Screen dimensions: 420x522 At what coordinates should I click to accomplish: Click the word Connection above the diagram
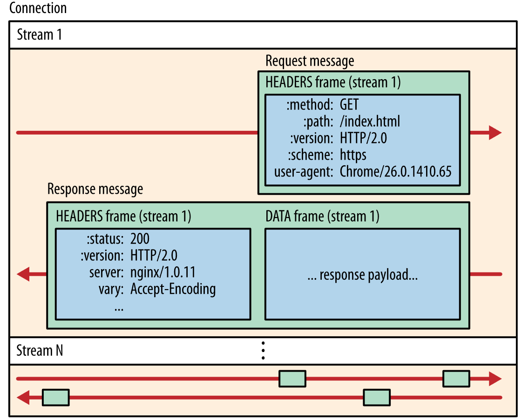tap(38, 8)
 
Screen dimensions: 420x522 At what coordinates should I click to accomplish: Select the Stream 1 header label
tap(39, 35)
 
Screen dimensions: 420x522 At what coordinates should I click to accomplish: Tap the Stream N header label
tap(40, 350)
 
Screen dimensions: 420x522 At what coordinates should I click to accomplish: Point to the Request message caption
tap(310, 61)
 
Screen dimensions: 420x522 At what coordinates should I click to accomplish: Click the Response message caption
tap(95, 189)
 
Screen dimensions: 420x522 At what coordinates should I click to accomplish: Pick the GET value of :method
tap(349, 104)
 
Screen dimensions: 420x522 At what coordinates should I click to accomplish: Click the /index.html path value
tap(370, 122)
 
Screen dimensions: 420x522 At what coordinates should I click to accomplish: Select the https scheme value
tap(353, 155)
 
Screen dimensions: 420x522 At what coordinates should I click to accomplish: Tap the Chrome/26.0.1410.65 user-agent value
tap(395, 171)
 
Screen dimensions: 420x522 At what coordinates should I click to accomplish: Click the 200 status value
tap(140, 239)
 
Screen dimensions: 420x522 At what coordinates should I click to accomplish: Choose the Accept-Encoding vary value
tap(173, 289)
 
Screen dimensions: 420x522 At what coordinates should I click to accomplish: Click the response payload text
tap(362, 275)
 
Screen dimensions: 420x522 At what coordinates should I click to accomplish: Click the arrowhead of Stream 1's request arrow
tap(494, 133)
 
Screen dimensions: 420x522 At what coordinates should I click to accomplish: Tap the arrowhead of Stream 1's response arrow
tap(24, 274)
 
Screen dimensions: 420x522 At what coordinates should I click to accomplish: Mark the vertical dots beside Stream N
tap(263, 350)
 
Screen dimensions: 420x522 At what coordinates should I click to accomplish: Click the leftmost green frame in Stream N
tap(55, 397)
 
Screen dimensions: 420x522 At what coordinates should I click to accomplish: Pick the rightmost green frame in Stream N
tap(456, 379)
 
